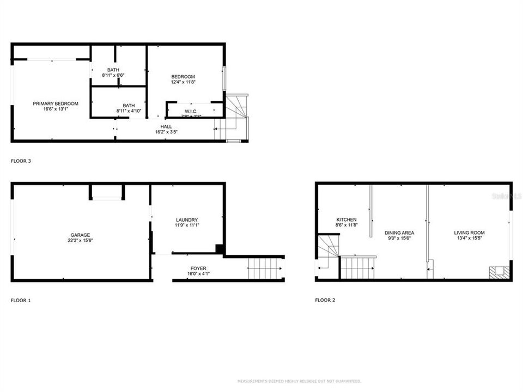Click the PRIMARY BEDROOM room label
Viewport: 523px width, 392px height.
coord(56,103)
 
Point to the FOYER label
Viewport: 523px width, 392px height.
coord(198,268)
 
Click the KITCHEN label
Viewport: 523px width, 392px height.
coord(346,220)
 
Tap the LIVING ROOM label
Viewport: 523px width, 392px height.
coord(469,232)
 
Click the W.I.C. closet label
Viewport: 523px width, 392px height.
coord(190,112)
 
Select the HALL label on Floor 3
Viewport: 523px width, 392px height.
coord(166,126)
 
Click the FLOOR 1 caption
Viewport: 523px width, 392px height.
coord(21,300)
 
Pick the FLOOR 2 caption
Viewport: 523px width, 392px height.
coord(325,300)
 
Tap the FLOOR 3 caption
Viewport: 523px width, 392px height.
coord(21,161)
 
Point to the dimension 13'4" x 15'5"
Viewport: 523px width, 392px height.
coord(469,238)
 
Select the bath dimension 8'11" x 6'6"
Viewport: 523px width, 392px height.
coord(113,75)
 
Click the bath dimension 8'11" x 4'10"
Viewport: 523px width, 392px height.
coord(129,111)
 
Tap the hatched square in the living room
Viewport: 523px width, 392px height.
coord(495,272)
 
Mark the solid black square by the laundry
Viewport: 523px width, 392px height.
coord(220,249)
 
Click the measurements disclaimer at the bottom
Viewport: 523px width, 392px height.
coord(299,381)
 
